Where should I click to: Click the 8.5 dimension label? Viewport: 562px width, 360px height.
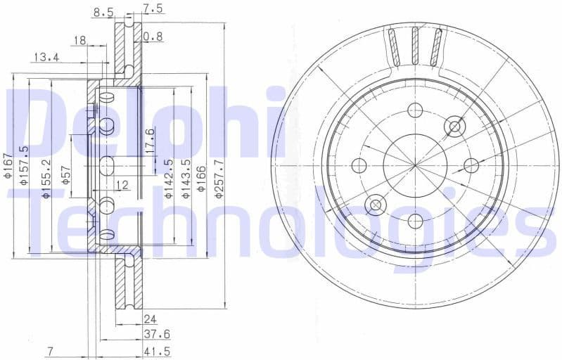pyautogui.click(x=103, y=12)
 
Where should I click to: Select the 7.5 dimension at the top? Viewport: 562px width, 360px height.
pyautogui.click(x=153, y=8)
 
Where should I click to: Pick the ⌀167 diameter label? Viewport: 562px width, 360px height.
pyautogui.click(x=8, y=167)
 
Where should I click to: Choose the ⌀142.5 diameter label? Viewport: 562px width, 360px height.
pyautogui.click(x=169, y=179)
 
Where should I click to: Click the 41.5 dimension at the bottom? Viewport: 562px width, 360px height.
pyautogui.click(x=156, y=351)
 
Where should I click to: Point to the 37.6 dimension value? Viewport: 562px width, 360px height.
pyautogui.click(x=156, y=334)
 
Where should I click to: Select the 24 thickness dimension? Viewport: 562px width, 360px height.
pyautogui.click(x=150, y=318)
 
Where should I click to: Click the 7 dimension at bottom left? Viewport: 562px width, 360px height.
pyautogui.click(x=50, y=351)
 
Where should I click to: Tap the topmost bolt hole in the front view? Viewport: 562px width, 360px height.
pyautogui.click(x=415, y=110)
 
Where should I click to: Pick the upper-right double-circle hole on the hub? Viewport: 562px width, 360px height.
pyautogui.click(x=454, y=127)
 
